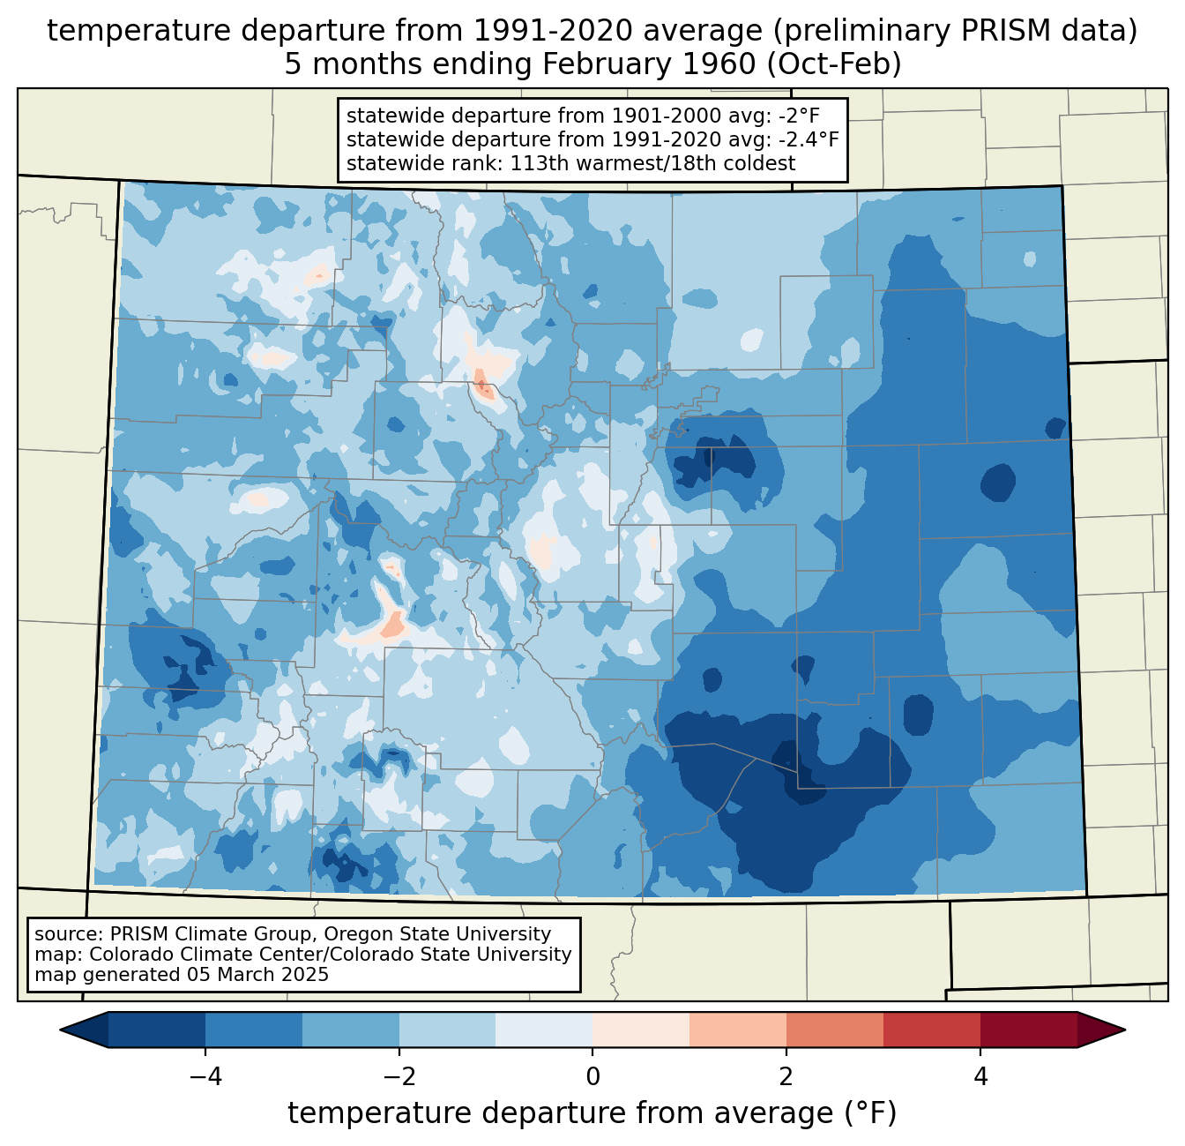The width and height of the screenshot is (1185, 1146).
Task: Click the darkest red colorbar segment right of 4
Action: coord(1028,1030)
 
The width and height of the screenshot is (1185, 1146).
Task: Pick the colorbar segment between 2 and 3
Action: coord(834,1030)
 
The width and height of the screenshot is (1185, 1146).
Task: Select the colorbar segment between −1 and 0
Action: coord(544,1030)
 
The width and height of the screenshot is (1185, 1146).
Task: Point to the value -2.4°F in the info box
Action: coord(808,139)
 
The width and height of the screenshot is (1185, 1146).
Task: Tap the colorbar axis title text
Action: coord(592,1113)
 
